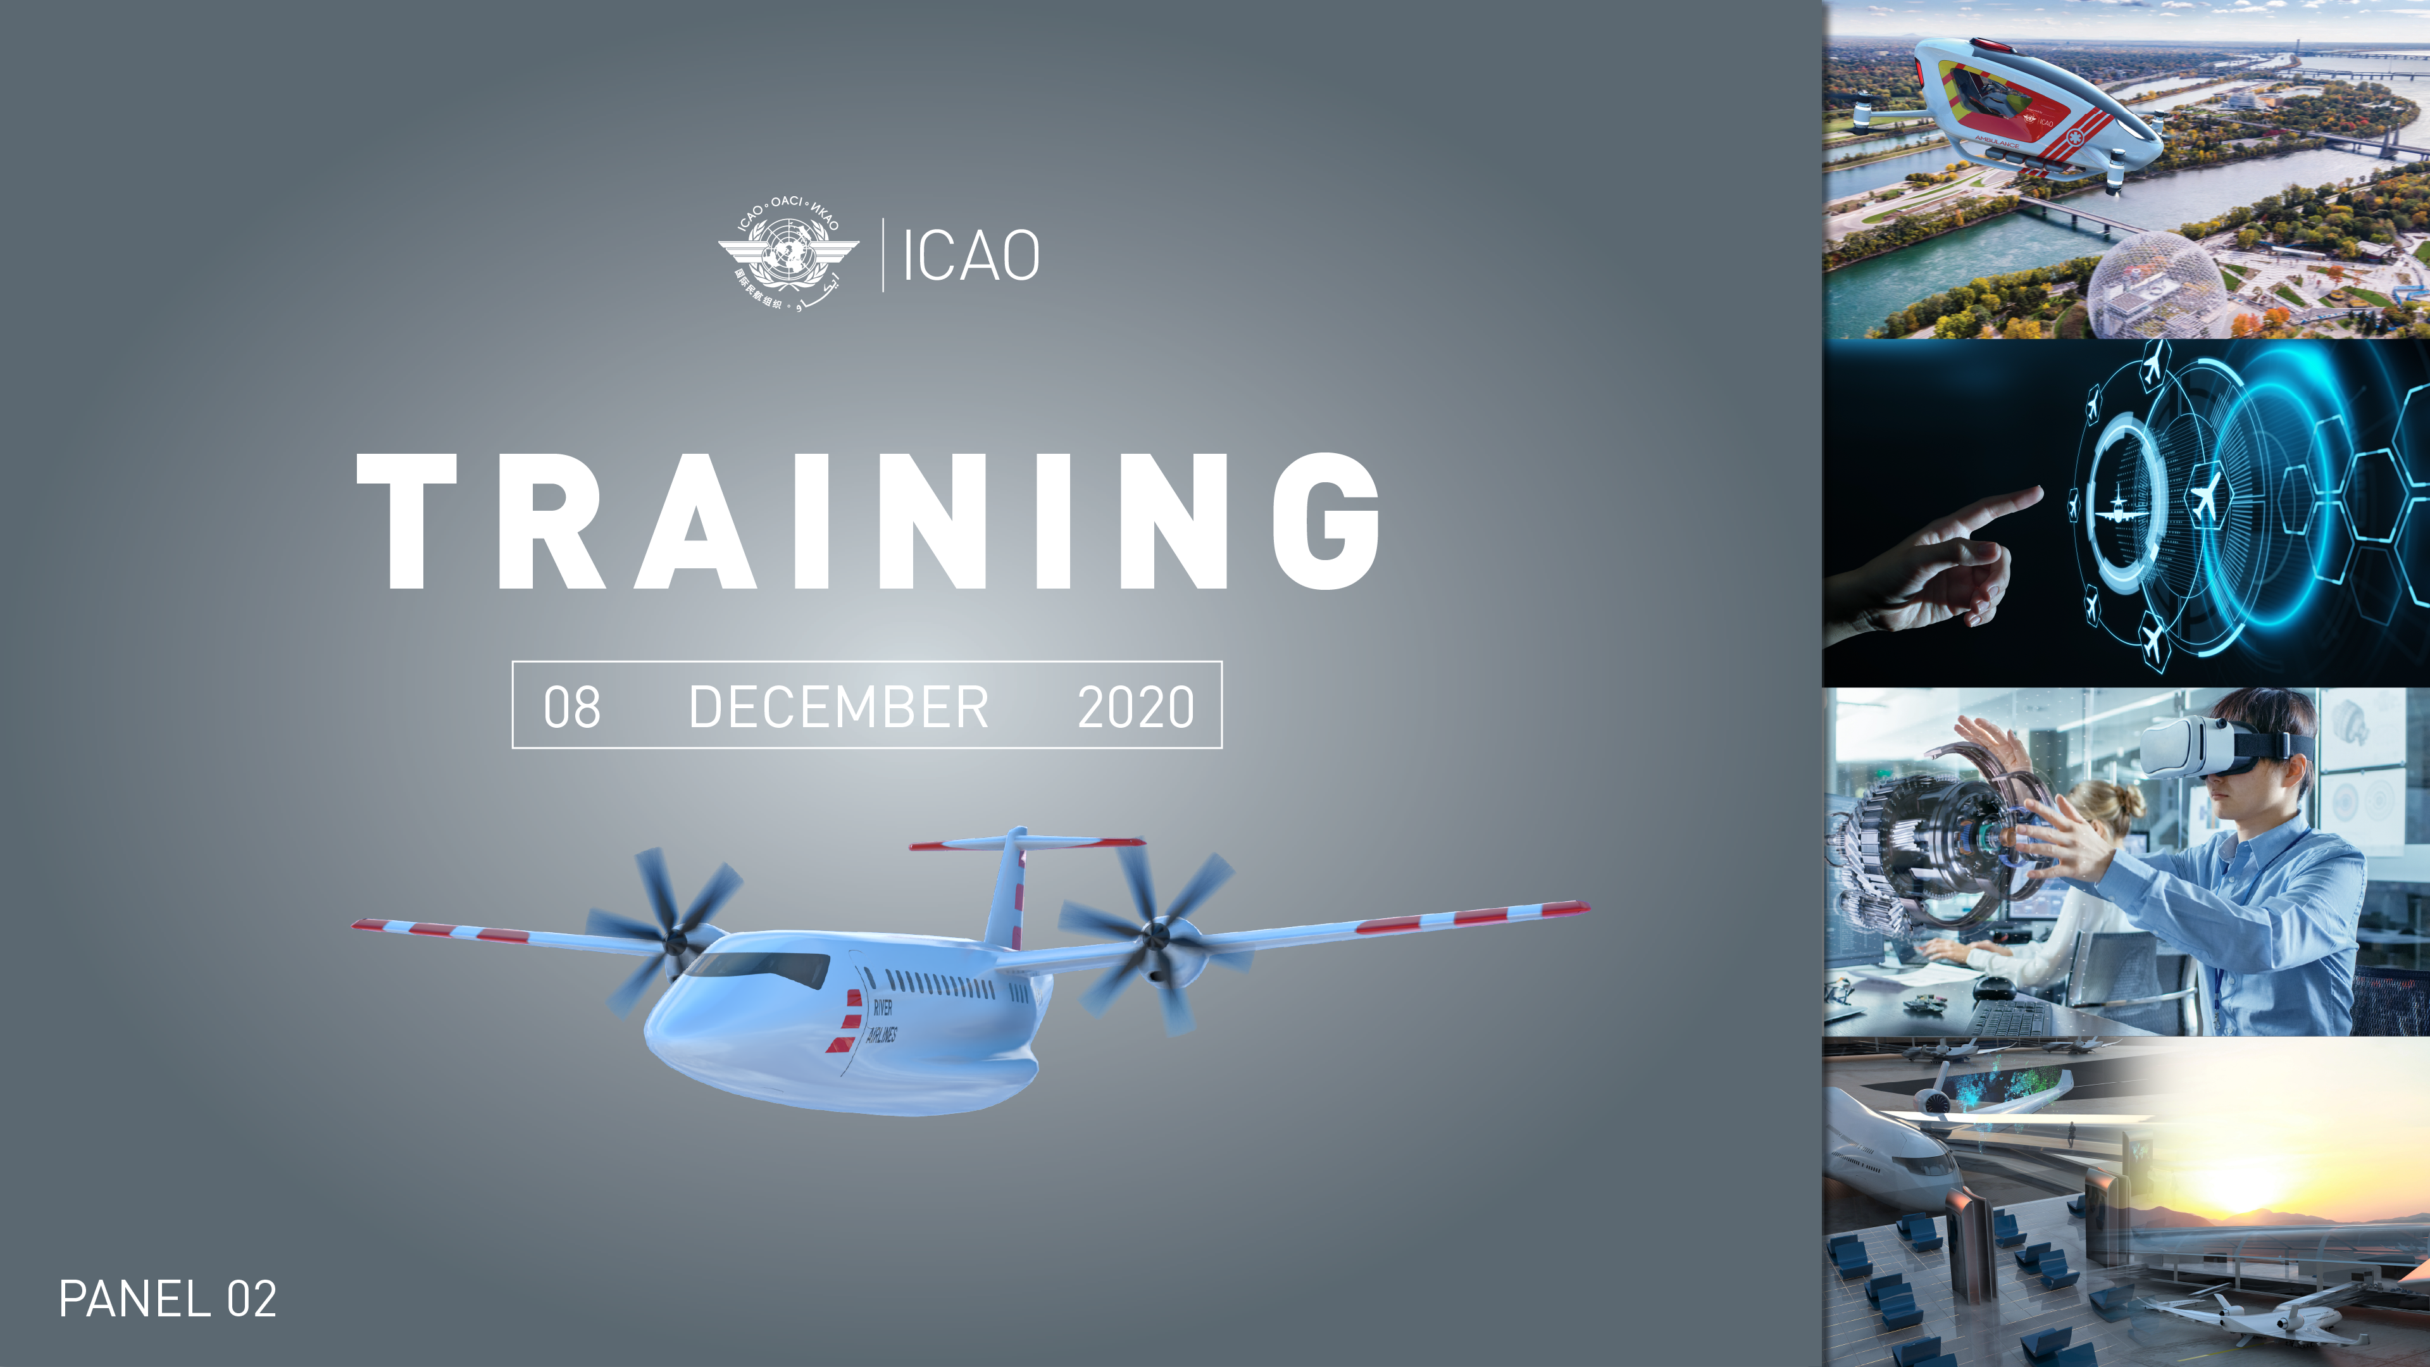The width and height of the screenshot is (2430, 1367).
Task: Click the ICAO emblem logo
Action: coord(788,254)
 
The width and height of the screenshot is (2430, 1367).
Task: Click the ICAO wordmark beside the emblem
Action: coord(971,256)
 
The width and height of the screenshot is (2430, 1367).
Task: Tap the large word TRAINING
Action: coord(868,521)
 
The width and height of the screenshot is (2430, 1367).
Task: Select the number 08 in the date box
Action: coord(571,707)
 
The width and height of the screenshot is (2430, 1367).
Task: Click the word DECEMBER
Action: coord(838,707)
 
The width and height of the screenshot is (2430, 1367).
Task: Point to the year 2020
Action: coord(1136,707)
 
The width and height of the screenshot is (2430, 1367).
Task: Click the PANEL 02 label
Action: coord(168,1299)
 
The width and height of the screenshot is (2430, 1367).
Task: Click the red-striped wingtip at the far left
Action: coord(377,925)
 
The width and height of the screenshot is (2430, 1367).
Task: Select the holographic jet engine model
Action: coord(1924,849)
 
